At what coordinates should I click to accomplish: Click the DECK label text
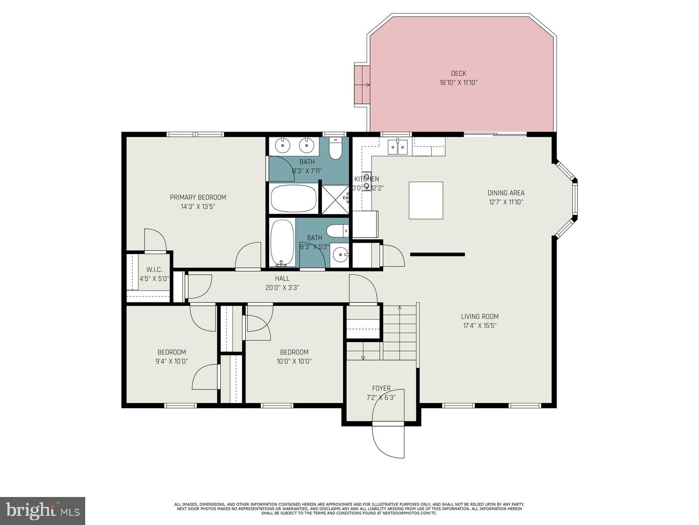pos(458,73)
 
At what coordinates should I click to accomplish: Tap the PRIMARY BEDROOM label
pos(198,197)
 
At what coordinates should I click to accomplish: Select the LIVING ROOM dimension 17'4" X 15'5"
pos(479,325)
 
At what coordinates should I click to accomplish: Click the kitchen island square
pos(426,200)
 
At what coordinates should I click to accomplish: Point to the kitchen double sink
pos(398,147)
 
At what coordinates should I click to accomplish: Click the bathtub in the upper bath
pos(293,198)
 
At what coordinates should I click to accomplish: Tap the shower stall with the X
pos(335,199)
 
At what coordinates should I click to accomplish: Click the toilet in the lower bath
pos(338,230)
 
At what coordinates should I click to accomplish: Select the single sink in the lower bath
pos(339,254)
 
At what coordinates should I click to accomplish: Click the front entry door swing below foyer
pos(388,441)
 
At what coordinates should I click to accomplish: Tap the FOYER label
pos(381,388)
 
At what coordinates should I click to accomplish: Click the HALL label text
pos(282,278)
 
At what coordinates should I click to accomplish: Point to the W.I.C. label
pos(154,270)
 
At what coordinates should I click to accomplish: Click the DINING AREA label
pos(505,193)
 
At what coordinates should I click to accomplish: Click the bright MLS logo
pos(42,510)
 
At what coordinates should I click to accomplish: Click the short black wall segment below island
pos(437,254)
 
